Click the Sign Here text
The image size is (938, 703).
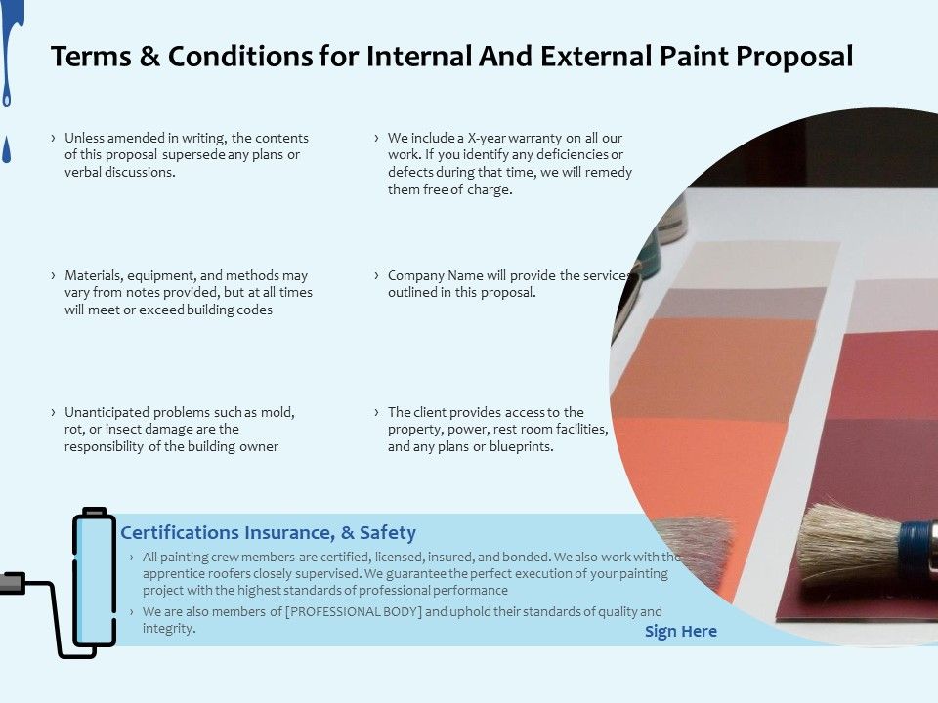tap(681, 631)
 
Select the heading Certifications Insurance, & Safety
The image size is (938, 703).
tap(268, 532)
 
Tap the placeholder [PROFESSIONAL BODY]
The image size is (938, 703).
tap(356, 612)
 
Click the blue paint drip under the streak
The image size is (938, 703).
tap(8, 150)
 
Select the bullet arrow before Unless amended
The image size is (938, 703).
tap(53, 138)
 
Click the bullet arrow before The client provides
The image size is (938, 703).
tap(376, 412)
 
